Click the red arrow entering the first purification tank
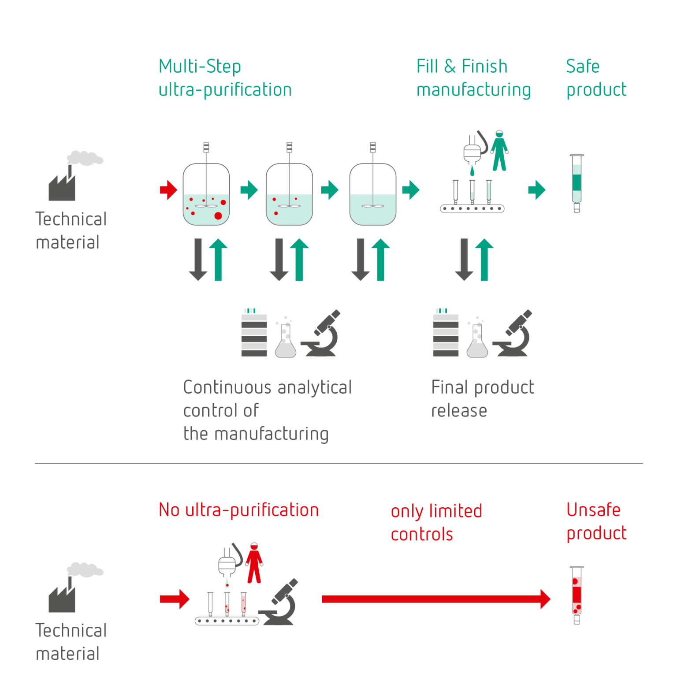tap(168, 190)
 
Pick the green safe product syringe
tap(577, 183)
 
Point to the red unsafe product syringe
tap(577, 595)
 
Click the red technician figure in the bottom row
tap(254, 563)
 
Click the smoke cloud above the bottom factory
tap(86, 569)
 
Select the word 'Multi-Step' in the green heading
tap(200, 67)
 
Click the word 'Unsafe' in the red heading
tap(593, 510)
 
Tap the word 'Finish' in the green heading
tap(484, 67)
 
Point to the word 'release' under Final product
tap(459, 411)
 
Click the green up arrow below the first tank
tap(218, 260)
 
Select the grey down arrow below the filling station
tap(464, 260)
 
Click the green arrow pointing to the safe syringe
tap(537, 190)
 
